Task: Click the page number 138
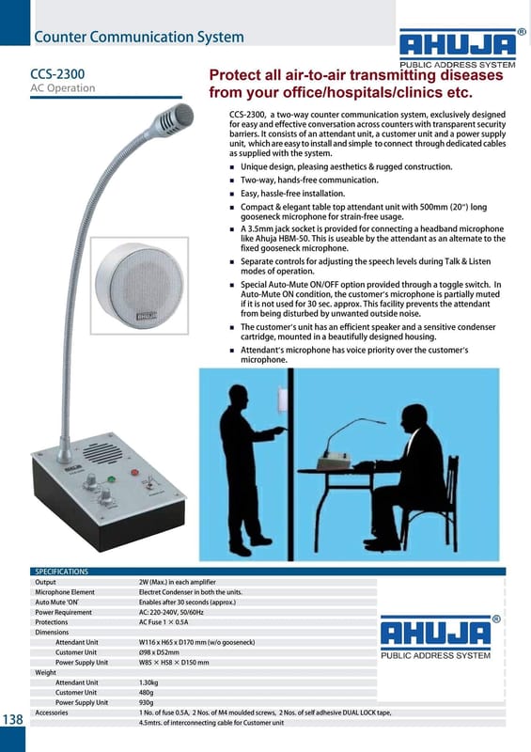coord(13,719)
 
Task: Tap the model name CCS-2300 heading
coord(57,74)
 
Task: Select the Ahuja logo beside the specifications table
coord(436,638)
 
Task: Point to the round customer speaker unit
coord(140,286)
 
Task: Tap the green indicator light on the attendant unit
coord(111,479)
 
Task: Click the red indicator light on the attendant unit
coord(134,473)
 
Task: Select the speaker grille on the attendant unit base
coord(102,453)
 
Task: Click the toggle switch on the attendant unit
coord(150,481)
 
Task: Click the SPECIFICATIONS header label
coord(61,572)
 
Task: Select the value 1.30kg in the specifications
coord(148,682)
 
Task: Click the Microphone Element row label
coord(65,592)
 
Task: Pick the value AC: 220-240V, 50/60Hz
coord(166,613)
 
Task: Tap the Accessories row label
coord(52,713)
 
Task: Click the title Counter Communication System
coord(139,37)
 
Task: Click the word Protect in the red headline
coord(233,75)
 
